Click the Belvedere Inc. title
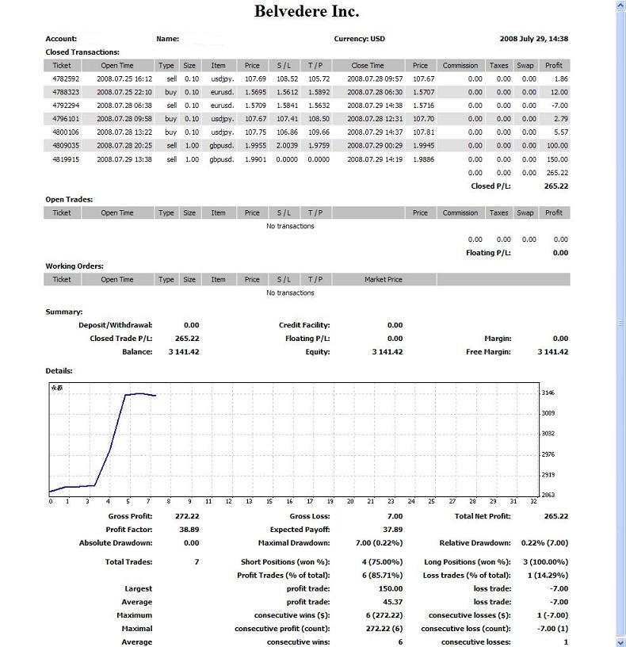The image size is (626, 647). pos(306,11)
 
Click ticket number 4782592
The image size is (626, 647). pos(66,79)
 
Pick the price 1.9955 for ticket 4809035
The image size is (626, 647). pos(252,146)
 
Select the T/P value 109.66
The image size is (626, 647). pos(319,132)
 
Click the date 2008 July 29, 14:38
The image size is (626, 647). pos(533,39)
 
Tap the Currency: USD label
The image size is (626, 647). pos(361,39)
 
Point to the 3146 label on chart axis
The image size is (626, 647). pos(548,392)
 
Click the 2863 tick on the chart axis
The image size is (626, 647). pos(548,495)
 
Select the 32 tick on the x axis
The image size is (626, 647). pos(532,501)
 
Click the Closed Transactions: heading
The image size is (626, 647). pos(82,52)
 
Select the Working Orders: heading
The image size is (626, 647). pos(74,266)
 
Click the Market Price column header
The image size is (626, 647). pos(383,280)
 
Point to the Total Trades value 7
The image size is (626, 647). pos(197,562)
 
